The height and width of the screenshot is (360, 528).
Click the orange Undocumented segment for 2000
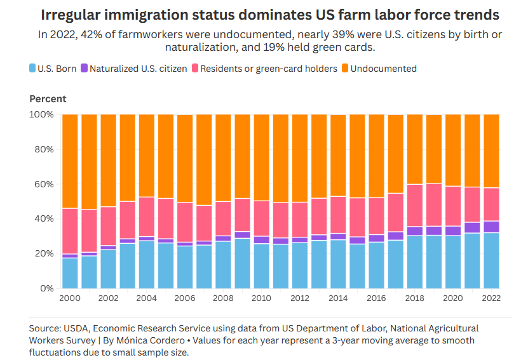[70, 161]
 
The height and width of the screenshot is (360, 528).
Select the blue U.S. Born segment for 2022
[491, 260]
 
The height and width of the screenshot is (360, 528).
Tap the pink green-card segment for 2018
[415, 205]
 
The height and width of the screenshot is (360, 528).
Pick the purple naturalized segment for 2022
[491, 227]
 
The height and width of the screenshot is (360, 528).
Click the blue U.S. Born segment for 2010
[262, 266]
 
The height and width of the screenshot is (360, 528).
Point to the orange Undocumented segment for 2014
[338, 156]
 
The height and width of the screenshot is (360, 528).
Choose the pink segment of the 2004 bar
[147, 217]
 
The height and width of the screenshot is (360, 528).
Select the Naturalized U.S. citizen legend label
[139, 68]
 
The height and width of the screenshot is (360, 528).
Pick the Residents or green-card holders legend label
[268, 68]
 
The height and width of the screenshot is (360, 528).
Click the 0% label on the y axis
[46, 288]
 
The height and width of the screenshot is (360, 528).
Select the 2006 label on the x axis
[185, 298]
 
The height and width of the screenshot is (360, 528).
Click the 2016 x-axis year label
[376, 298]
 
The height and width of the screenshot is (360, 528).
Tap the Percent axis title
[48, 98]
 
